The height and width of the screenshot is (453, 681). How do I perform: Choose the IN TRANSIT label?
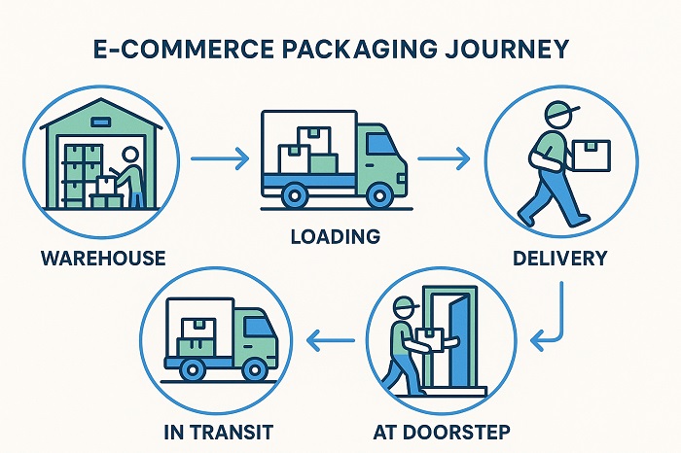point(217,431)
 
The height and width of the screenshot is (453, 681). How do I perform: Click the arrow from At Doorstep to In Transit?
point(331,339)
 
